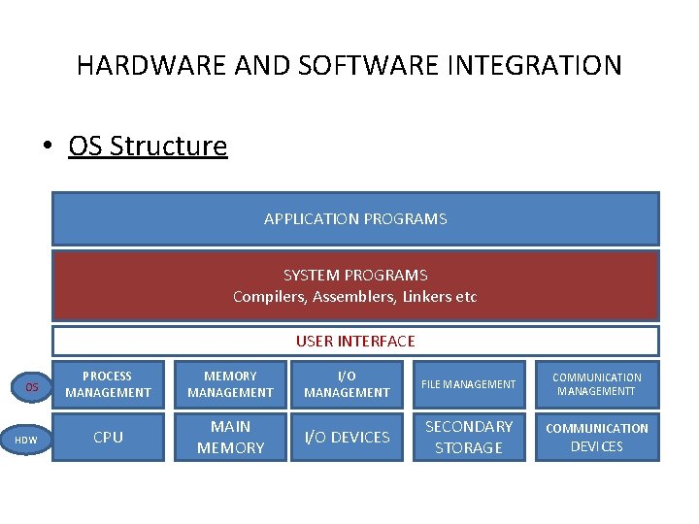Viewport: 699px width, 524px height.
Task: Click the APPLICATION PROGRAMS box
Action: (355, 218)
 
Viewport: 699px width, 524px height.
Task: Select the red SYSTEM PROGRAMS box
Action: (355, 285)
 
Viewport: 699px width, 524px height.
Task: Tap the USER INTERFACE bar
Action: (355, 341)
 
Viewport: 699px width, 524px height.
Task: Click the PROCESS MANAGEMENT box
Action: (108, 384)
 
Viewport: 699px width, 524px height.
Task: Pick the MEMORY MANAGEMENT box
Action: (230, 384)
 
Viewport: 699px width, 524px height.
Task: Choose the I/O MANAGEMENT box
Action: (347, 384)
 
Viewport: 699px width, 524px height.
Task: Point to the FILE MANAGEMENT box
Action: (469, 384)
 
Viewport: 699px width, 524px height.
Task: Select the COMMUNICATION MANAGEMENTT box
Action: (597, 384)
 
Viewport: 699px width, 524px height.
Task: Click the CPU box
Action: (108, 437)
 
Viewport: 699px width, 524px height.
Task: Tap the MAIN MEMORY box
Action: (230, 437)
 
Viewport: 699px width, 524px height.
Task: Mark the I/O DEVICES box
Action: (347, 437)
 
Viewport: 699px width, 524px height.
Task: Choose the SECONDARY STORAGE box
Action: (469, 437)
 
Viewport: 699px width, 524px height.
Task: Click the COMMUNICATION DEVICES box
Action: (597, 437)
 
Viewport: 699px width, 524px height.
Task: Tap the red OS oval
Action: (32, 387)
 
